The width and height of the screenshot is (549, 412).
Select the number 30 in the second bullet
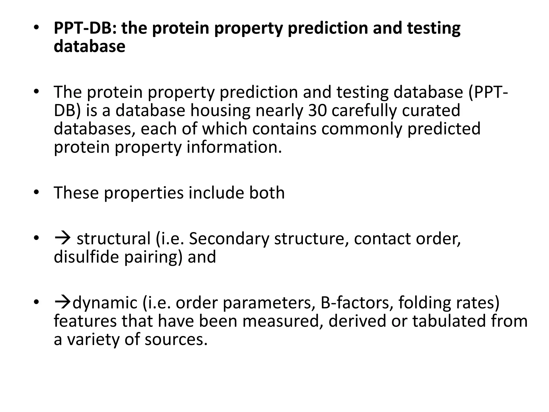[317, 111]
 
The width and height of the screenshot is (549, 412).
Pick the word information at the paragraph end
[234, 147]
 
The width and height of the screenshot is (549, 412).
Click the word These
[76, 193]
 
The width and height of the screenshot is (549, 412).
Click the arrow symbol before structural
[62, 238]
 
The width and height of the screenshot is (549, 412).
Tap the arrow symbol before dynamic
[63, 303]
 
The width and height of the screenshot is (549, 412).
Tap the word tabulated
[449, 321]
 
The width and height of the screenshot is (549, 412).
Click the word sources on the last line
[176, 339]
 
